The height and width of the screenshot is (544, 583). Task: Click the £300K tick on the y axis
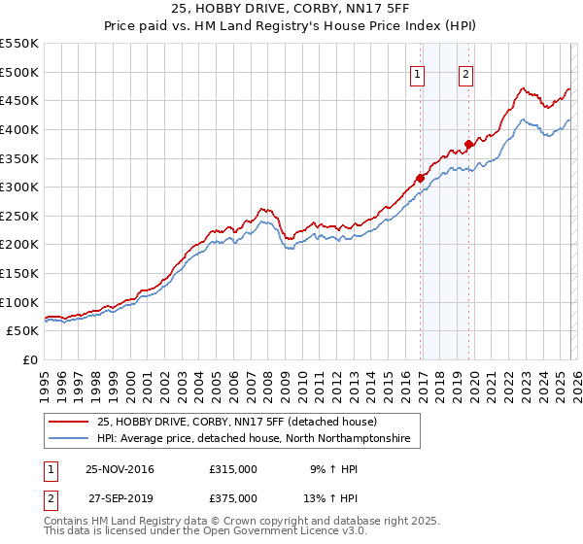[19, 187]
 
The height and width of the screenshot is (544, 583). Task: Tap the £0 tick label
[29, 360]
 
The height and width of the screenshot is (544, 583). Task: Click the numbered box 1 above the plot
[418, 76]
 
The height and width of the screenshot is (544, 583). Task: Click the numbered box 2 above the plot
[466, 76]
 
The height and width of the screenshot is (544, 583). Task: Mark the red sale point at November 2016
[420, 178]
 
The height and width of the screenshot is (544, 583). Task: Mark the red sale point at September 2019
[468, 144]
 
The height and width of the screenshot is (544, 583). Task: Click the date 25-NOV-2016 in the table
[120, 469]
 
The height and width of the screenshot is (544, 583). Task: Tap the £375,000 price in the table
[233, 497]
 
